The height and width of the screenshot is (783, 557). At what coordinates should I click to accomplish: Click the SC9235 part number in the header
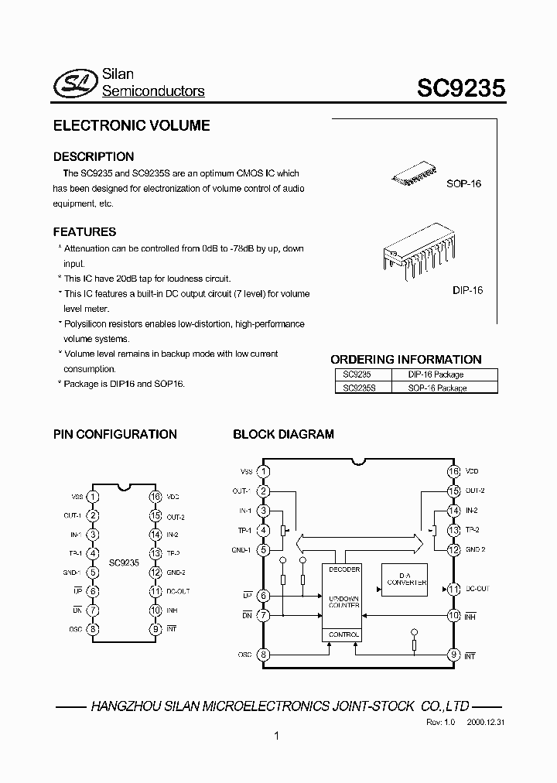[x=461, y=87]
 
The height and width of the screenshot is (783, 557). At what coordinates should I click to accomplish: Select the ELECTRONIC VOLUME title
[x=131, y=125]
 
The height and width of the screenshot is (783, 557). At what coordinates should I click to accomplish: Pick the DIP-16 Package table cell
[x=436, y=374]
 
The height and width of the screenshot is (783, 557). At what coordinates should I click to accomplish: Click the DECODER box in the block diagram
[x=343, y=569]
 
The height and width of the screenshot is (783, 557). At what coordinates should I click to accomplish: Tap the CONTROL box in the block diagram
[x=343, y=634]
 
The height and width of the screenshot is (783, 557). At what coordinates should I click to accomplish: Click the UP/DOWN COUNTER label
[x=343, y=601]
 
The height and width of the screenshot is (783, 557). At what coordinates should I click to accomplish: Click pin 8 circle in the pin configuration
[x=93, y=629]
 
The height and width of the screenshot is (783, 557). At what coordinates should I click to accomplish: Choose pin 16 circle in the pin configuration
[x=155, y=497]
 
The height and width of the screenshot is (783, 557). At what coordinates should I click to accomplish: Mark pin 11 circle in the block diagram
[x=454, y=589]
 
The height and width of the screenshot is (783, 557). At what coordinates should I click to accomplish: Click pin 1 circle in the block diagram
[x=264, y=471]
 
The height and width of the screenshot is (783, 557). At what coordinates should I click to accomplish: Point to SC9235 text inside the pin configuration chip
[x=124, y=563]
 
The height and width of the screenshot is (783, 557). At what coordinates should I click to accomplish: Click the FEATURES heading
[x=84, y=232]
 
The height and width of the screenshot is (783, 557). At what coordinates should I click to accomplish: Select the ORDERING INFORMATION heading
[x=405, y=360]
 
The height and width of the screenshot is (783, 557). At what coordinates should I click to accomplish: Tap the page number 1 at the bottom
[x=276, y=737]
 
